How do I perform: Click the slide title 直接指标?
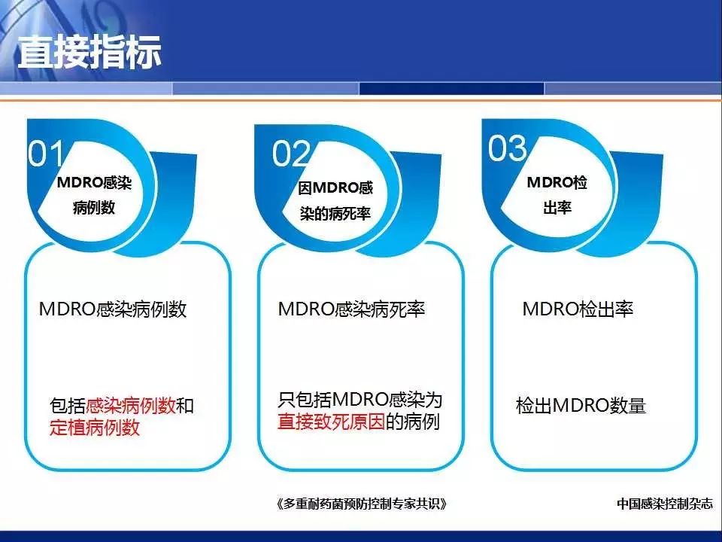pyautogui.click(x=89, y=52)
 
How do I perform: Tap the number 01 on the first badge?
pyautogui.click(x=46, y=154)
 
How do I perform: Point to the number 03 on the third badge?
pyautogui.click(x=507, y=148)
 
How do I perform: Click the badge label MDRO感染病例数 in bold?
pyautogui.click(x=94, y=195)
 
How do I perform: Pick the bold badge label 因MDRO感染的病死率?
pyautogui.click(x=335, y=201)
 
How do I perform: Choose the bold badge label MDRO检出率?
pyautogui.click(x=557, y=195)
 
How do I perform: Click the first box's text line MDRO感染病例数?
pyautogui.click(x=113, y=309)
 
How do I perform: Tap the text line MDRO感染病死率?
pyautogui.click(x=351, y=309)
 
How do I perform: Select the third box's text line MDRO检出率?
pyautogui.click(x=578, y=309)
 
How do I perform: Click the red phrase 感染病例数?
pyautogui.click(x=131, y=406)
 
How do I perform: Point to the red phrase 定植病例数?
pyautogui.click(x=95, y=428)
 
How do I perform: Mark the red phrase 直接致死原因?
pyautogui.click(x=331, y=422)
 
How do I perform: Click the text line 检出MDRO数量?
pyautogui.click(x=581, y=406)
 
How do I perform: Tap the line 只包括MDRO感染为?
pyautogui.click(x=359, y=400)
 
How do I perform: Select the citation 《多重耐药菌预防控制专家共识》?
pyautogui.click(x=362, y=504)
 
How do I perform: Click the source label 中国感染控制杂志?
pyautogui.click(x=664, y=504)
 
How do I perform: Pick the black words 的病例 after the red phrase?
pyautogui.click(x=413, y=422)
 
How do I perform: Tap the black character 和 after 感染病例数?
pyautogui.click(x=185, y=406)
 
